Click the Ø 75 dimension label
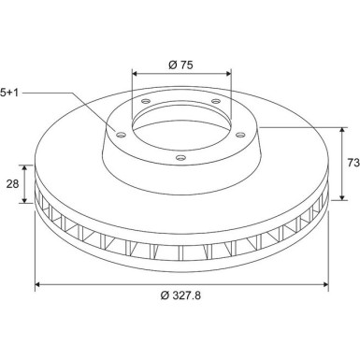180,65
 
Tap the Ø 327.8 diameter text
180,295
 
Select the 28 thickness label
13,184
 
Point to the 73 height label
353,163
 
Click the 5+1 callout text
9,93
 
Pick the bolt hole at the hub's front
180,158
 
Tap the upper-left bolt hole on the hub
146,101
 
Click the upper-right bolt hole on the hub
216,101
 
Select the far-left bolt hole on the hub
121,135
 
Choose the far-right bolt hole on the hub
240,135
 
